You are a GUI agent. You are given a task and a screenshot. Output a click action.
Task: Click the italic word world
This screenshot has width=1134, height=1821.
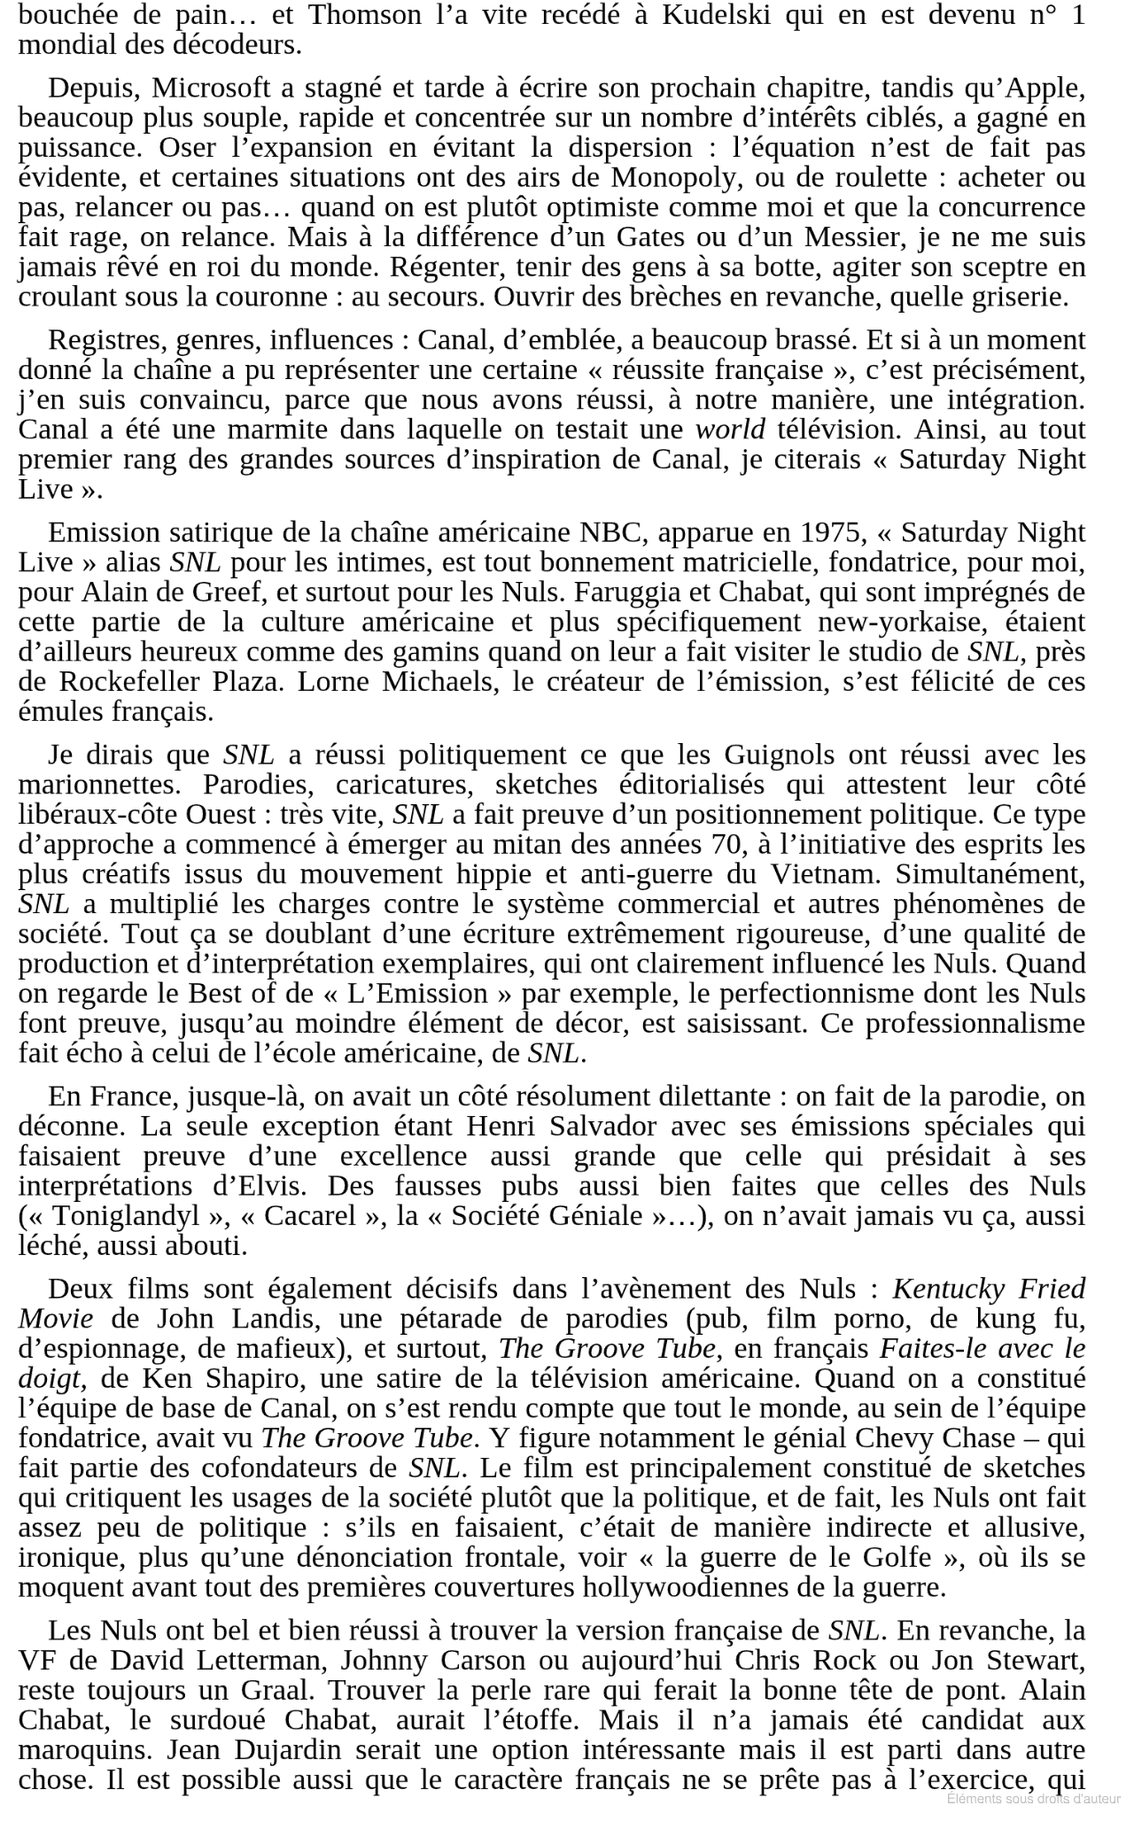(x=730, y=430)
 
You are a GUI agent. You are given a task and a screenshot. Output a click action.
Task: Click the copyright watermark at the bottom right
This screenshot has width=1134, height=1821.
(x=1033, y=1798)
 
